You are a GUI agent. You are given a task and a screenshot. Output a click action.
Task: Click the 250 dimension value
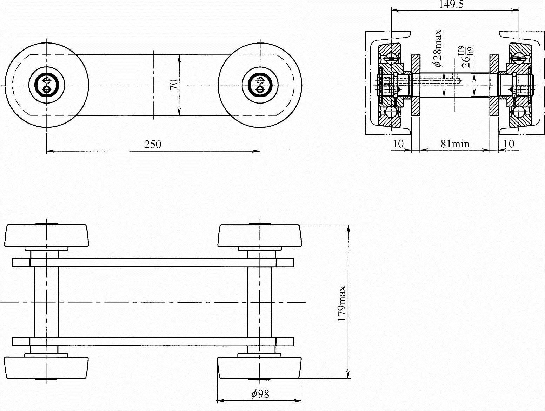pyautogui.click(x=153, y=144)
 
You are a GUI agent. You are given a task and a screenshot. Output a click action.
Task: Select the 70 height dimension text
pyautogui.click(x=174, y=85)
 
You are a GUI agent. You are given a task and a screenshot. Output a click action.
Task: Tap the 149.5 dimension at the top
pyautogui.click(x=451, y=4)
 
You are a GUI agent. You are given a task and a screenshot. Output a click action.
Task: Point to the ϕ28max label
pyautogui.click(x=437, y=48)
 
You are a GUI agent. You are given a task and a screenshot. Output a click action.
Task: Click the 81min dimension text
pyautogui.click(x=455, y=144)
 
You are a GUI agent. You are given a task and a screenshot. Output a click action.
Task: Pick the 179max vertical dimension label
pyautogui.click(x=342, y=304)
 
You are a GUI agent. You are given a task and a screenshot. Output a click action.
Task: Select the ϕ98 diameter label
pyautogui.click(x=260, y=394)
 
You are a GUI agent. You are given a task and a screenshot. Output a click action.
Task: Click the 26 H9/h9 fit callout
pyautogui.click(x=467, y=57)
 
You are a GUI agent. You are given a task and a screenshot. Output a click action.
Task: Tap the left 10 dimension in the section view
pyautogui.click(x=398, y=144)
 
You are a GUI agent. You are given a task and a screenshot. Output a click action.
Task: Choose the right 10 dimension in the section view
pyautogui.click(x=509, y=144)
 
